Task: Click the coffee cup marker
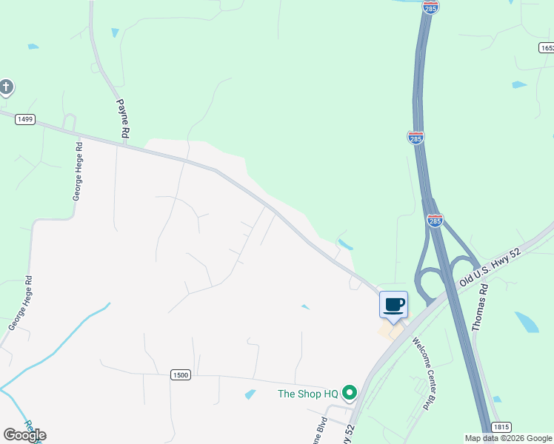click(393, 304)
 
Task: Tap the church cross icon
click(6, 87)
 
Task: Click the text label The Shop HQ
click(307, 394)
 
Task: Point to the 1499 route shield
click(24, 119)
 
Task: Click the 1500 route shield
click(180, 375)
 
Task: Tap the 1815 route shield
click(501, 427)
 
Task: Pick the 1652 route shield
click(547, 47)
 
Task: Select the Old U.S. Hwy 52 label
click(490, 268)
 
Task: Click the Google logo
click(24, 435)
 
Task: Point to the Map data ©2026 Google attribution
click(508, 438)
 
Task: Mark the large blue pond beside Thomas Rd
click(527, 322)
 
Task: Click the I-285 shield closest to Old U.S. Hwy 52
click(435, 221)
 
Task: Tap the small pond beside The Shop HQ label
click(250, 394)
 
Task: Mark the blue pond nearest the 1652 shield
click(519, 84)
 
